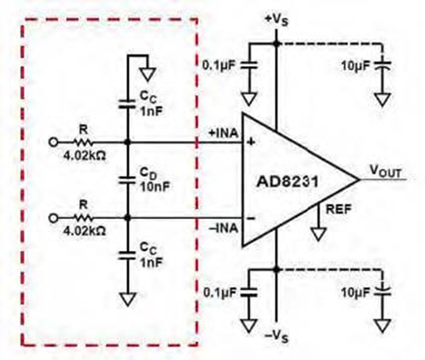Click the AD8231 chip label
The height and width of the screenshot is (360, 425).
pos(287,181)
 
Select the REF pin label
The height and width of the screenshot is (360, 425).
pos(339,209)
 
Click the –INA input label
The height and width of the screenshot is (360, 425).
pos(223,228)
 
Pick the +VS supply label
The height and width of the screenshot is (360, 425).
pos(277,21)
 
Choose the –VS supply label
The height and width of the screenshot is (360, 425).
pos(276,337)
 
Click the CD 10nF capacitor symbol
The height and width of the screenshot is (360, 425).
pos(127,180)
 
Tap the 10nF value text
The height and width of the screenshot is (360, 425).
pos(155,187)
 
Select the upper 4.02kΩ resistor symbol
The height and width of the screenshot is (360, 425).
pos(83,142)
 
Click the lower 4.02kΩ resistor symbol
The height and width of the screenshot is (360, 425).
pos(83,217)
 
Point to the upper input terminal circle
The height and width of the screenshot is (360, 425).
pos(53,142)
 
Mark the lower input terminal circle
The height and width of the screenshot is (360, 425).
pos(53,218)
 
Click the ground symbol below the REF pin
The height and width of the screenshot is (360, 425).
pos(318,234)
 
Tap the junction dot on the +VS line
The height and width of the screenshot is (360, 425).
pos(276,43)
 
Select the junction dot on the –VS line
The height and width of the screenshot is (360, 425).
pos(276,270)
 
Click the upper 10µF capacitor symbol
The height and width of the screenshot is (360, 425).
pos(382,65)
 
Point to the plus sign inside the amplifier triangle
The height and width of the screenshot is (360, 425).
pos(251,142)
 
